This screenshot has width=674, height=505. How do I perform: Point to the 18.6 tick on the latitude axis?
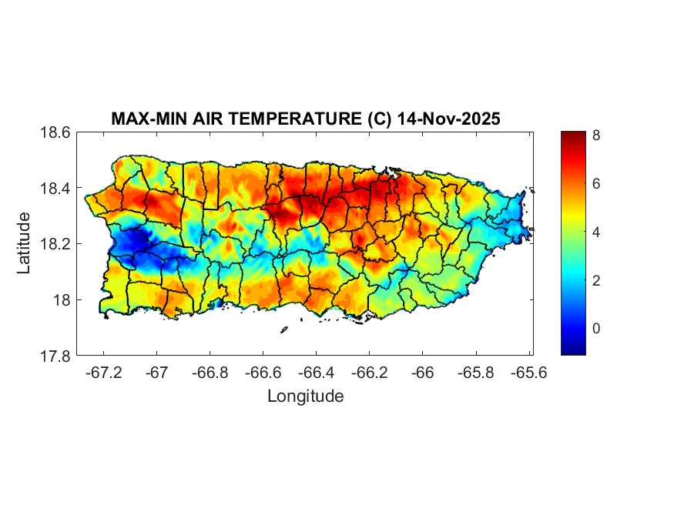click(x=56, y=132)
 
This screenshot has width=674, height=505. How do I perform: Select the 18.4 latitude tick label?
click(x=56, y=189)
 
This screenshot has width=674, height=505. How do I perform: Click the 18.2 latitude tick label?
click(x=56, y=244)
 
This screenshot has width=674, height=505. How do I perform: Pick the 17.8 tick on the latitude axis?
click(x=56, y=356)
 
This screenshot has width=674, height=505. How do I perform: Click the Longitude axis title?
click(x=305, y=396)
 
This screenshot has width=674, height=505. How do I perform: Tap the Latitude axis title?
click(x=25, y=243)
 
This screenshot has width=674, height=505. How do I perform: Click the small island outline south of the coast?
click(x=283, y=329)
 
